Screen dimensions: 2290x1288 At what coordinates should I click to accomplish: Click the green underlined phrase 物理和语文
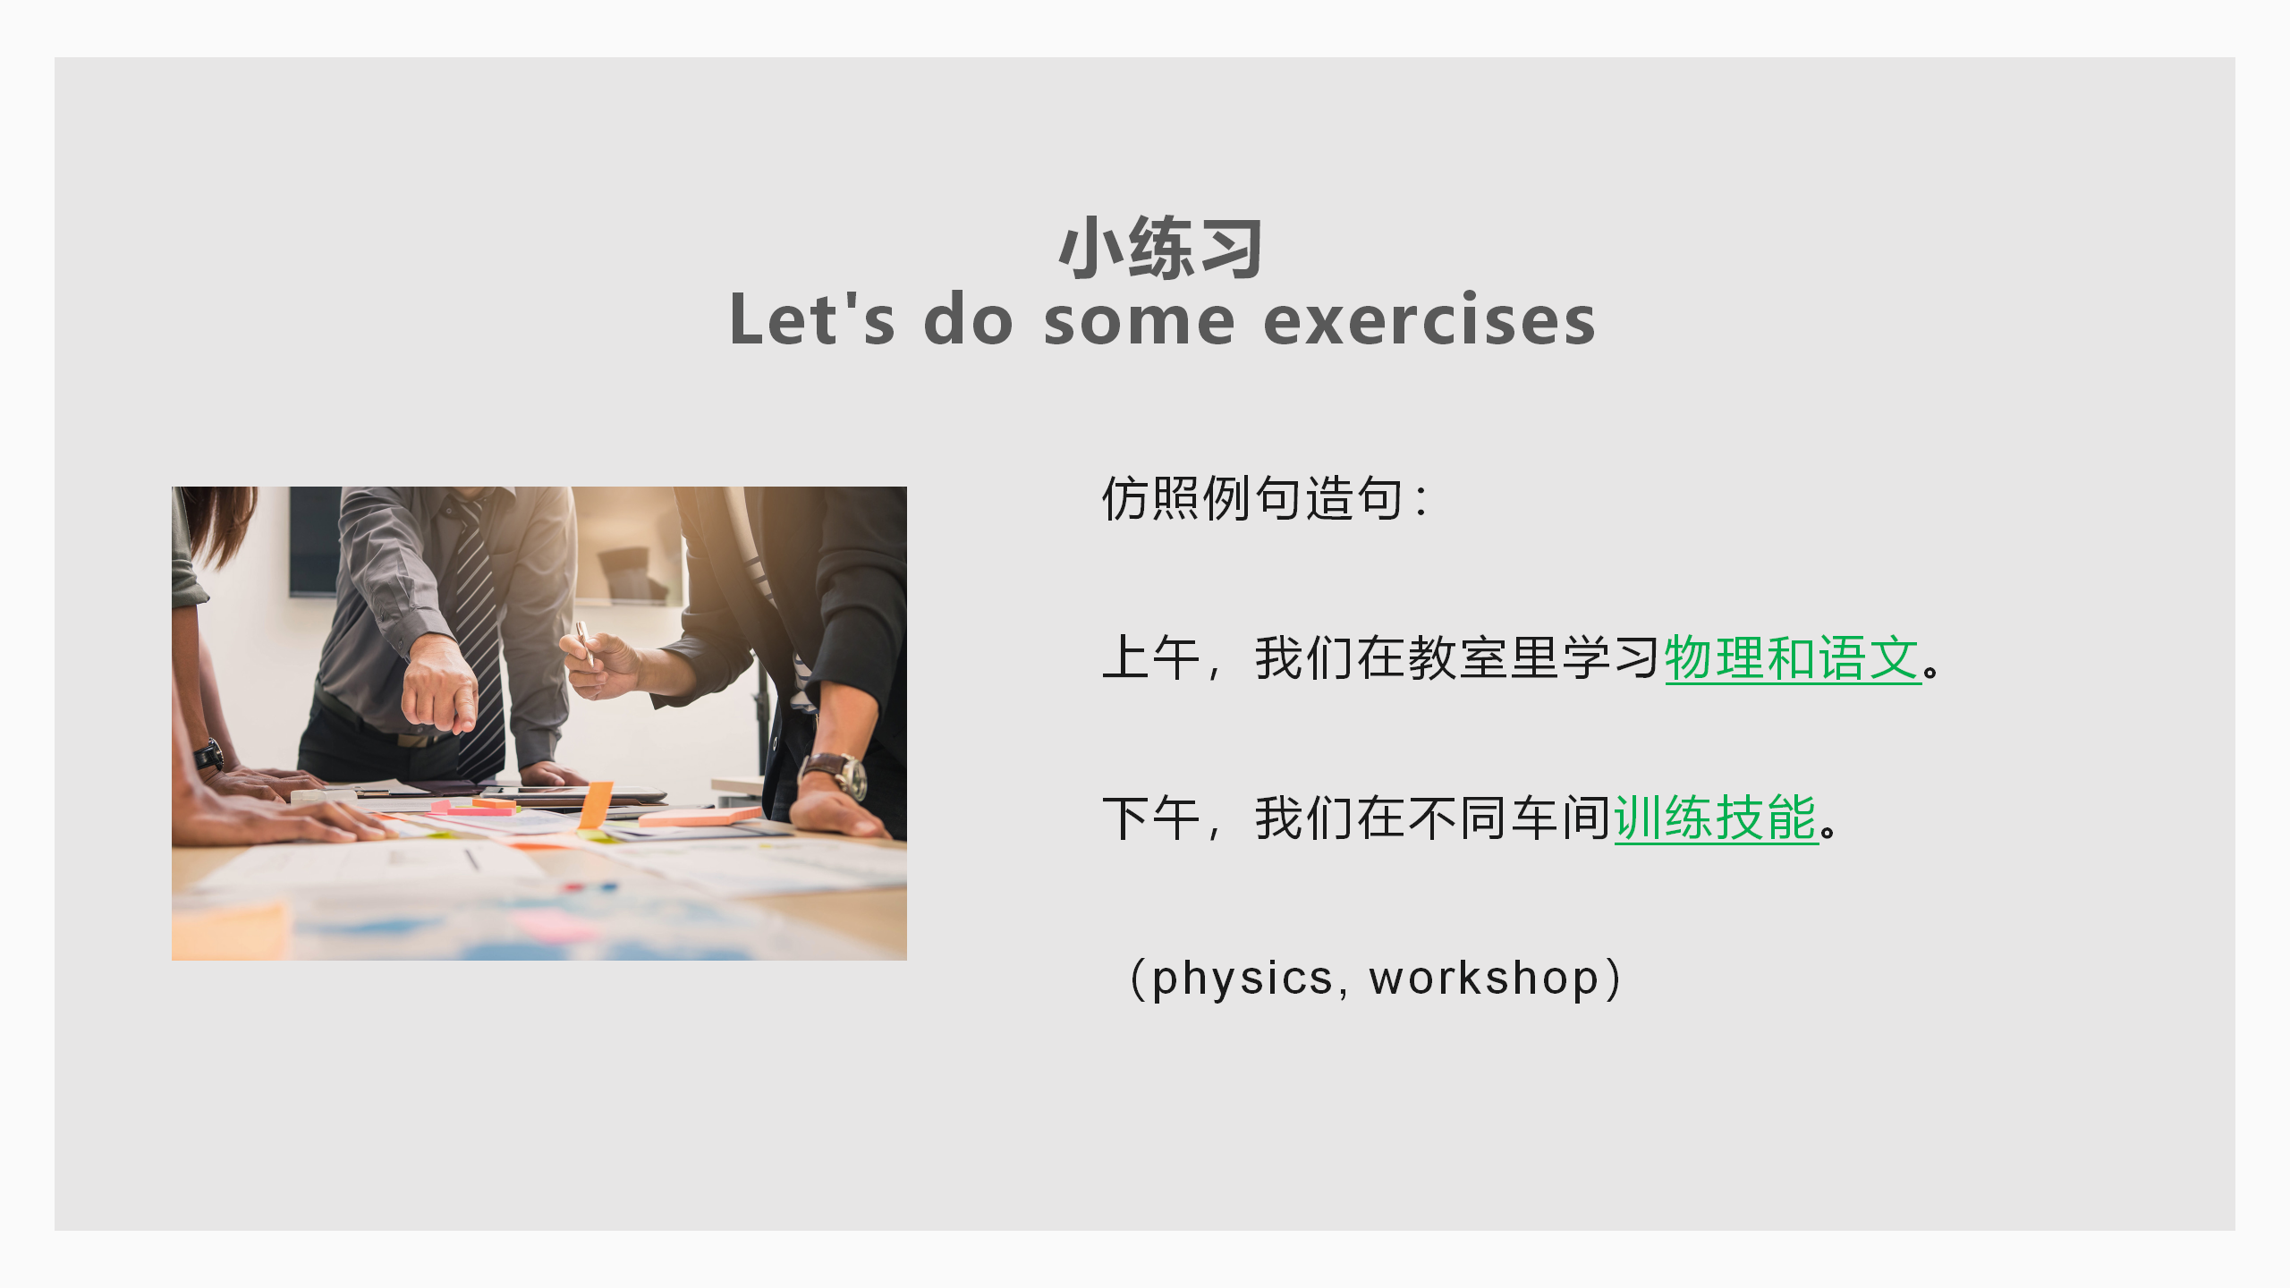coord(1793,658)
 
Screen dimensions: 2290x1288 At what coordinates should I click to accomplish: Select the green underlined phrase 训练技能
coord(1716,818)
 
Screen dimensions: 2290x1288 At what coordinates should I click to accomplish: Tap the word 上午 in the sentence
coord(1151,658)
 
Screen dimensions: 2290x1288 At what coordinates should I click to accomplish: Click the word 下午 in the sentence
coord(1151,818)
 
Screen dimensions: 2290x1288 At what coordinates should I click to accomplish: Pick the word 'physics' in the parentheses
coord(1242,978)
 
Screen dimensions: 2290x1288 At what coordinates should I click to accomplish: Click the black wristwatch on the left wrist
coord(209,756)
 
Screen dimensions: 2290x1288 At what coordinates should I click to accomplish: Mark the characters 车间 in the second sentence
coord(1560,818)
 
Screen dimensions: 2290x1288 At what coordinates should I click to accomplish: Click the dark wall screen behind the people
coord(315,541)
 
